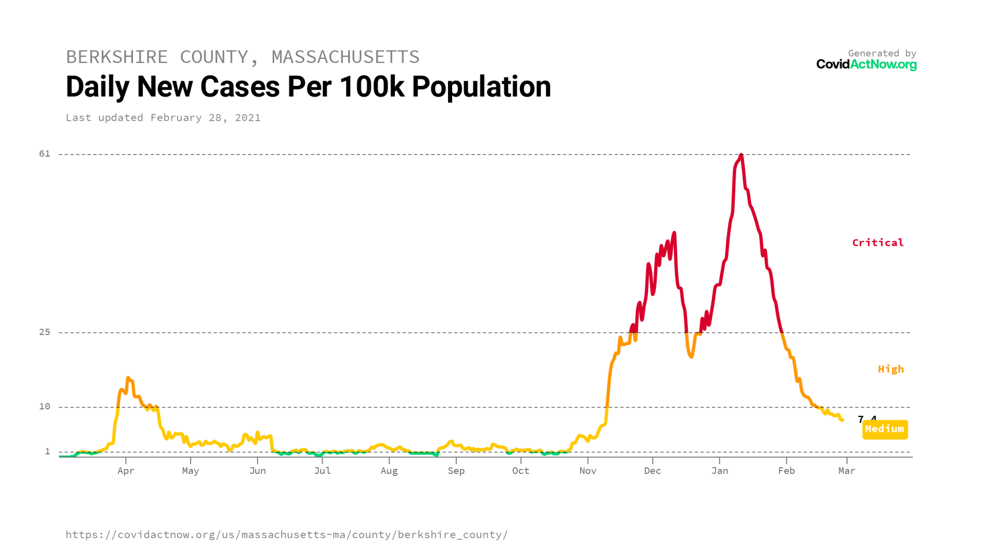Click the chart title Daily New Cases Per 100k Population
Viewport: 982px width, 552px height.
308,87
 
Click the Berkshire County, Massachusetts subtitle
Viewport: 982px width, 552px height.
242,57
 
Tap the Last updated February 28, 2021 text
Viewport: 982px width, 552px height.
163,118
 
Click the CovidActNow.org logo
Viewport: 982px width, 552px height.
866,64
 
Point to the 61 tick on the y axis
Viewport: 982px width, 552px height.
45,154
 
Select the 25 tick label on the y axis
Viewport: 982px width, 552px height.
45,332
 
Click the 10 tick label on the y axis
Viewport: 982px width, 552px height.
45,406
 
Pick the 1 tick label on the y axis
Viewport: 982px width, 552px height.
48,451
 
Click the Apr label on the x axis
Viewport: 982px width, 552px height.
126,471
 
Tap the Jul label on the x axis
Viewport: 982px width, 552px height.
322,471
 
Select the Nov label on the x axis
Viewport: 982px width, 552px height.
588,471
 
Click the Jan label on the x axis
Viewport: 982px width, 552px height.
720,471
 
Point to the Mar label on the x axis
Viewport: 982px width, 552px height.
846,471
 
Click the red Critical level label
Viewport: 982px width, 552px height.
878,243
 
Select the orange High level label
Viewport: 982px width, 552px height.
890,369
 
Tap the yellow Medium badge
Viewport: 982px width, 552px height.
885,429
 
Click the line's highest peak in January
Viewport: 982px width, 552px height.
741,154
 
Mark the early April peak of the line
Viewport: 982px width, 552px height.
128,378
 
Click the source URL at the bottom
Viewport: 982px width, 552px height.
286,535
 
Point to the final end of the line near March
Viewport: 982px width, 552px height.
842,420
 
